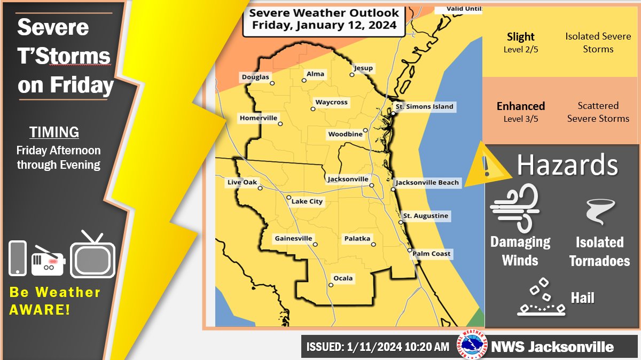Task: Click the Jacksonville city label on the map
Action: tap(348, 178)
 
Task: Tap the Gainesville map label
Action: tap(293, 238)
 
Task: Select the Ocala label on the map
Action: tap(343, 278)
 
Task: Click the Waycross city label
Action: tap(331, 102)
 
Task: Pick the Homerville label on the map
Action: tap(259, 118)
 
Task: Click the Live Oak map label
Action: tap(242, 182)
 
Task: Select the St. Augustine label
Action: tap(426, 216)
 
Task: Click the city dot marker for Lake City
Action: tap(288, 198)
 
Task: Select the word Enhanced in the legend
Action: tap(520, 106)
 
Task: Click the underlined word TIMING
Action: tap(54, 132)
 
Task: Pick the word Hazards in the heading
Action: tap(567, 166)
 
